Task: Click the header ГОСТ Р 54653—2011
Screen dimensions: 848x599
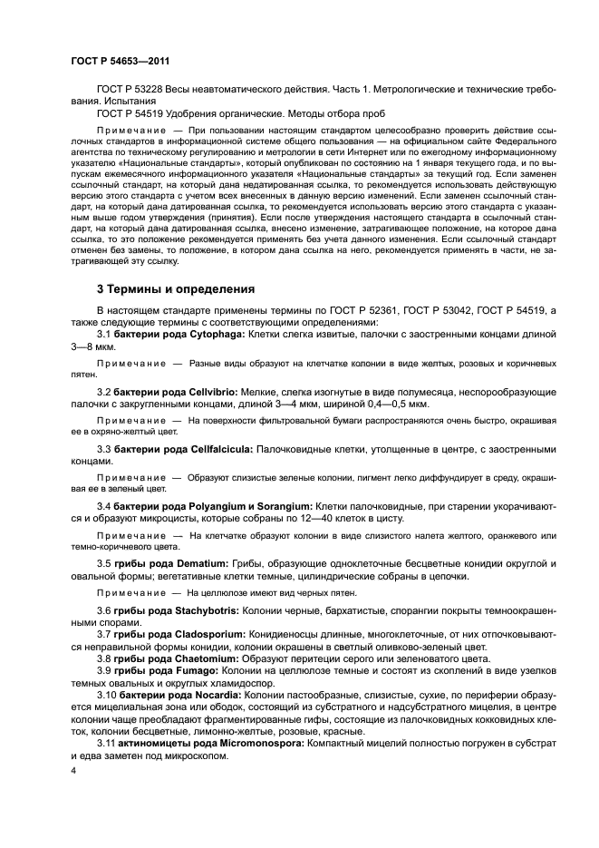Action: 119,61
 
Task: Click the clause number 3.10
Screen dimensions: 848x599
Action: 108,694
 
